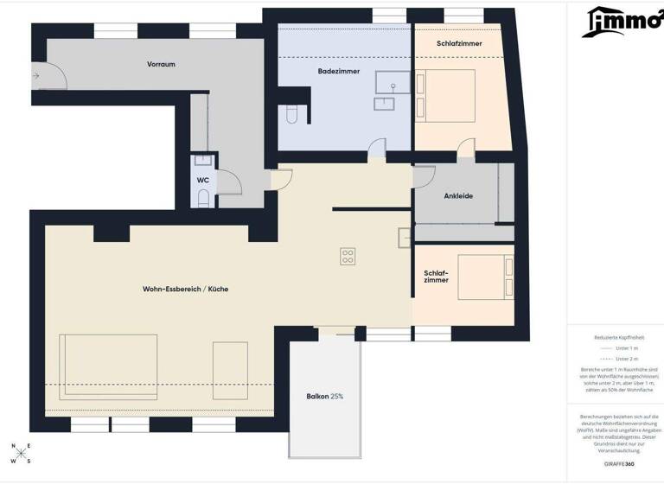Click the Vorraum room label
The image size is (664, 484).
161,64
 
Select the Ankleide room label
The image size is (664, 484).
457,196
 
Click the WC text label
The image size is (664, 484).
202,180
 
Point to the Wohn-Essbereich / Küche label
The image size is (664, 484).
186,288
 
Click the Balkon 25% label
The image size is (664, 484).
325,396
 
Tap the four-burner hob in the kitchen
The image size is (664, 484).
348,256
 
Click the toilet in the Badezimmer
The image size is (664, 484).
291,114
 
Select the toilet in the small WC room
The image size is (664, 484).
203,199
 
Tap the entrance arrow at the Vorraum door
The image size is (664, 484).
36,76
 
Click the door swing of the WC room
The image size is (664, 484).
229,181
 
